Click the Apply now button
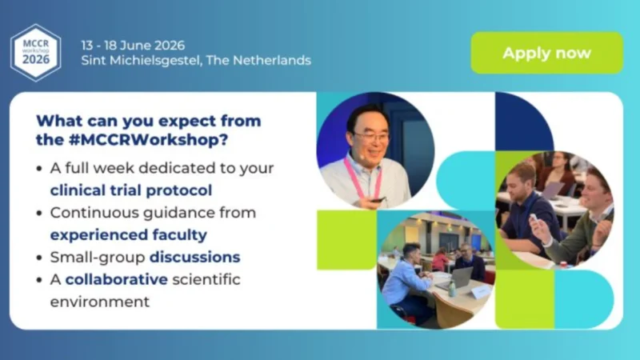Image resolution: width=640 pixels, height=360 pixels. click(546, 54)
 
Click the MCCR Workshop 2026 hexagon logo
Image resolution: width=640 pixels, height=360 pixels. click(35, 51)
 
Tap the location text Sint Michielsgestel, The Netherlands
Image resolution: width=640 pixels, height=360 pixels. click(196, 60)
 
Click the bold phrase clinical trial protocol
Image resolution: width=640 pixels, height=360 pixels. click(131, 190)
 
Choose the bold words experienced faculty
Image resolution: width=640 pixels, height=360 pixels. click(128, 235)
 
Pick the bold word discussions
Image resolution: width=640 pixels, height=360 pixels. click(194, 258)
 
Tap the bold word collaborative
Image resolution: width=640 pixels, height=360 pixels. click(117, 280)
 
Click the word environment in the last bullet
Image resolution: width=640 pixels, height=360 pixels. click(100, 302)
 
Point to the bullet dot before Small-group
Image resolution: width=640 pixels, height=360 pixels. click(40, 258)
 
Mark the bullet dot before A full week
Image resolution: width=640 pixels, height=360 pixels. click(40, 169)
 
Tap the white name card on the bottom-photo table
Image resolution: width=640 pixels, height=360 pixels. click(479, 293)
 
